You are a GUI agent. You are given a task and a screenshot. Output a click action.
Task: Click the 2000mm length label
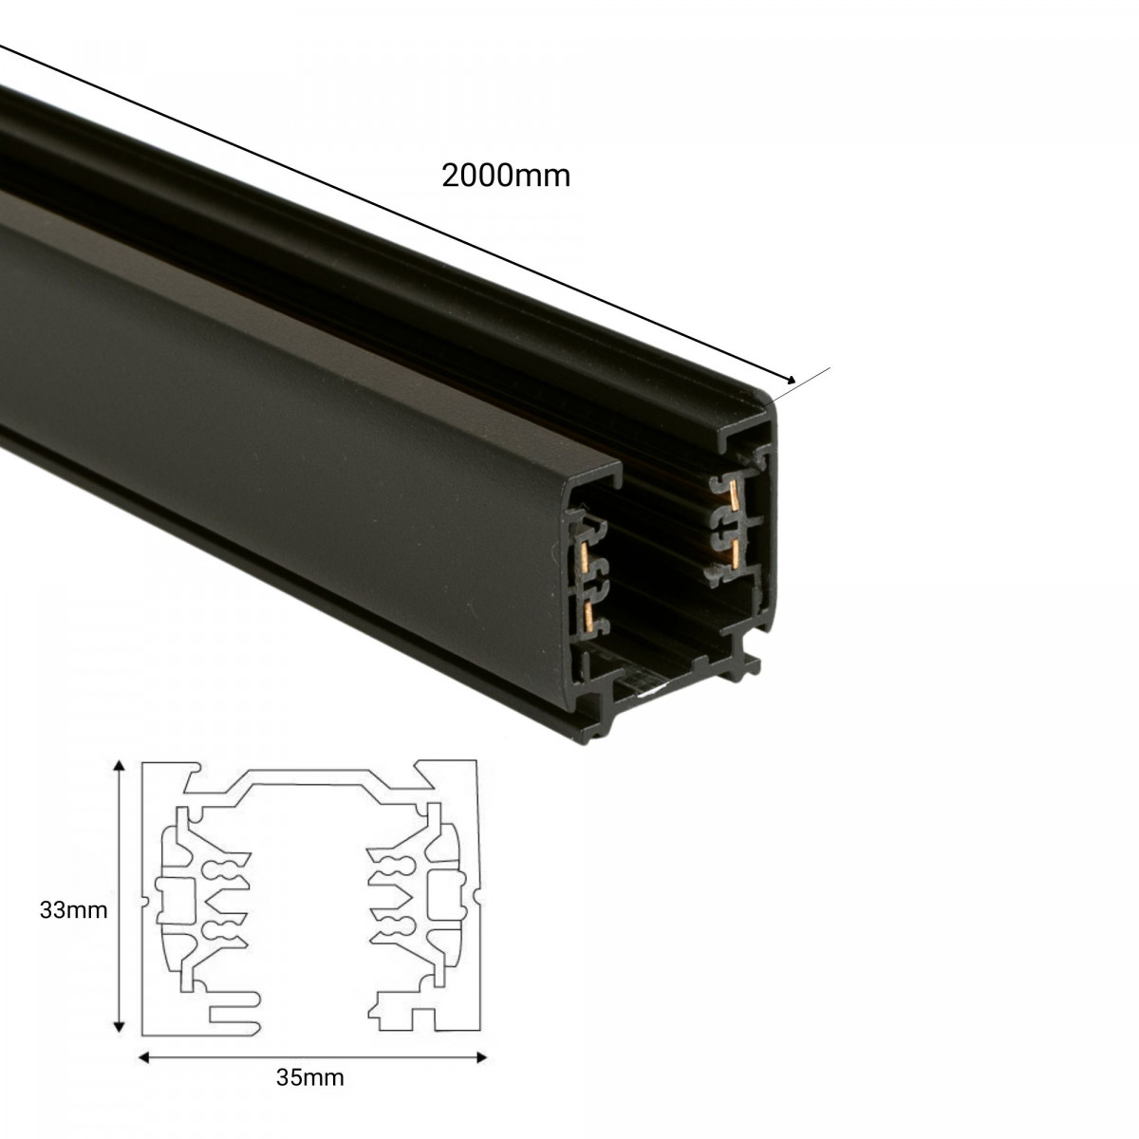point(506,176)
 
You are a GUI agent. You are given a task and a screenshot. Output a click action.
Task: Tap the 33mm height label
point(73,910)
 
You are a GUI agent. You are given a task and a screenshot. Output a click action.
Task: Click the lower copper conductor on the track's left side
point(593,615)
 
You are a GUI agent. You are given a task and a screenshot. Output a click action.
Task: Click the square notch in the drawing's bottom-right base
point(422,1018)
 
